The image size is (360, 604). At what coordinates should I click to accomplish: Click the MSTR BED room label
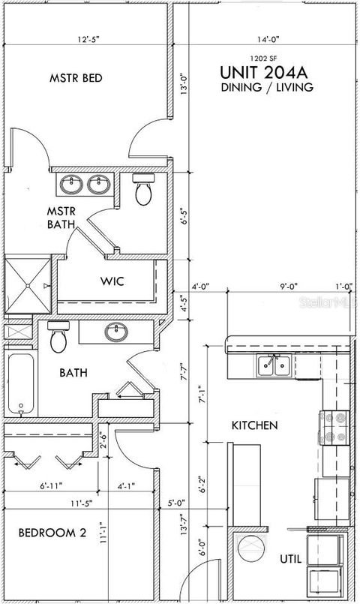pyautogui.click(x=76, y=78)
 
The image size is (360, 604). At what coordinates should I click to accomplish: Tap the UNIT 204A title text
pyautogui.click(x=266, y=73)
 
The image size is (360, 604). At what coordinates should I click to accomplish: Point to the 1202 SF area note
pyautogui.click(x=266, y=58)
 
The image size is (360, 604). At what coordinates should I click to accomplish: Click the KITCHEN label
pyautogui.click(x=254, y=425)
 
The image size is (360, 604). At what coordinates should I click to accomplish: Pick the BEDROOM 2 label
pyautogui.click(x=52, y=533)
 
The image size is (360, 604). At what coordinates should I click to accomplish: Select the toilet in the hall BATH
pyautogui.click(x=59, y=338)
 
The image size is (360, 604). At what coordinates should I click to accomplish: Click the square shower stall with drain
pyautogui.click(x=28, y=285)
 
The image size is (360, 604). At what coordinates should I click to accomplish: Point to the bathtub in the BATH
pyautogui.click(x=19, y=383)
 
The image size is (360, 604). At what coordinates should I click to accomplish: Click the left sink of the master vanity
pyautogui.click(x=73, y=183)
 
